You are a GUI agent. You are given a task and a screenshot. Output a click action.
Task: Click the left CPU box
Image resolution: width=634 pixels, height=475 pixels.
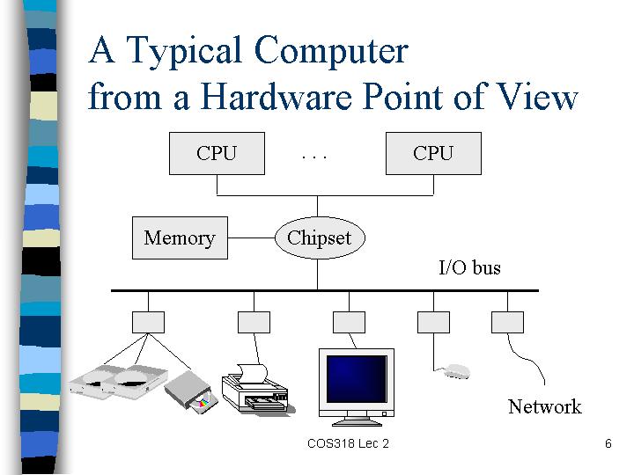(x=217, y=153)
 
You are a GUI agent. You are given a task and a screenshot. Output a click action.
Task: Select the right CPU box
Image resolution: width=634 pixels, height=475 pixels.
(x=433, y=153)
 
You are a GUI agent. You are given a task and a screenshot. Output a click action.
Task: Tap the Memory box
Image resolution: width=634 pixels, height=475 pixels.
(x=180, y=237)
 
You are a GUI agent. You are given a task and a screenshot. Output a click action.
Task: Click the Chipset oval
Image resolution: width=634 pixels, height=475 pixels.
(x=320, y=237)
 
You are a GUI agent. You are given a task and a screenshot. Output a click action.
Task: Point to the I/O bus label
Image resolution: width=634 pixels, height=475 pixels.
(x=470, y=267)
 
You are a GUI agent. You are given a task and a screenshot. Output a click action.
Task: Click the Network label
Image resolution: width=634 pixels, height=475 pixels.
(x=545, y=406)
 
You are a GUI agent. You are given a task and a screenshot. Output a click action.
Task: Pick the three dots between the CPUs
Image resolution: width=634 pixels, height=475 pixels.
(x=314, y=157)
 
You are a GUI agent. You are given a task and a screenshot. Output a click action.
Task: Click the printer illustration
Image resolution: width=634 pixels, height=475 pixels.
(x=258, y=389)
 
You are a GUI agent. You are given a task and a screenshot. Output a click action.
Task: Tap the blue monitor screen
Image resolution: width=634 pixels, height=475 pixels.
(x=357, y=379)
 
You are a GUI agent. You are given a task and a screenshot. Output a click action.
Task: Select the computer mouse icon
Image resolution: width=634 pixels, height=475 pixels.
(x=456, y=371)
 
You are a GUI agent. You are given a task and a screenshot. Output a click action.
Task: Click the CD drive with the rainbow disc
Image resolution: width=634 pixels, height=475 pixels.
(x=191, y=392)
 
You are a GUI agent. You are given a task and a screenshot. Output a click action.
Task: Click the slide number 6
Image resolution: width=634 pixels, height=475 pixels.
(x=608, y=443)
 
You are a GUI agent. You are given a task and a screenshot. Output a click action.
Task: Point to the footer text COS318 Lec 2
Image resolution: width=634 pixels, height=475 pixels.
(x=348, y=443)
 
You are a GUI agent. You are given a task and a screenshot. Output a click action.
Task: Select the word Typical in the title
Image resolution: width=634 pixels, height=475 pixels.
(x=184, y=52)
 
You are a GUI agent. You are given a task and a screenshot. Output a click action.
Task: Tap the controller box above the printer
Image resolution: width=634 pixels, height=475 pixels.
(x=254, y=322)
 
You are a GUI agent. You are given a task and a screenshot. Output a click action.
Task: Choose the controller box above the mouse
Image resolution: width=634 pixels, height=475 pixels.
(x=433, y=322)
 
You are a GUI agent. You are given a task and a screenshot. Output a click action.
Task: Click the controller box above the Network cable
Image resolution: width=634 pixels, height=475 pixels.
(x=507, y=322)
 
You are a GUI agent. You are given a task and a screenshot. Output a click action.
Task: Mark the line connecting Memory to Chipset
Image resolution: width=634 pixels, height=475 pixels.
(x=251, y=237)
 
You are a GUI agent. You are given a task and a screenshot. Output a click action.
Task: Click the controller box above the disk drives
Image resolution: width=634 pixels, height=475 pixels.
(x=149, y=322)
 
